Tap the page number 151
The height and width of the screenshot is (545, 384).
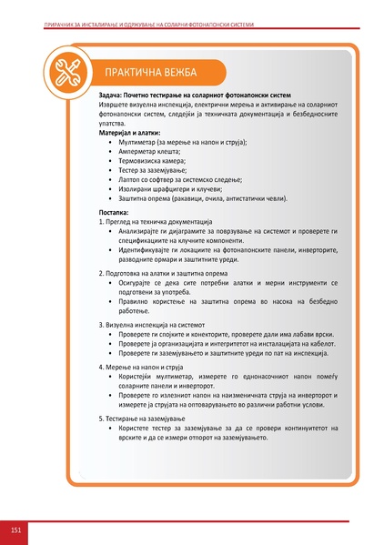[16, 529]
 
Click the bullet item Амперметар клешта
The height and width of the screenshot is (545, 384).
[149, 152]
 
